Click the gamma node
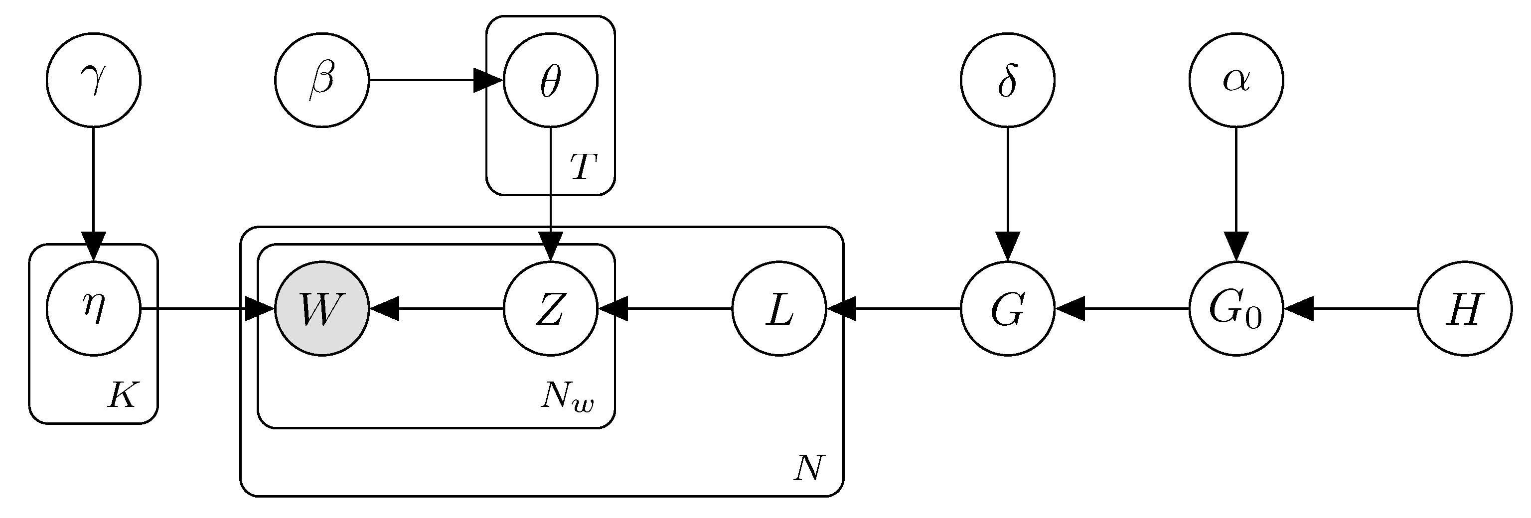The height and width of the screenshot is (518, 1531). [93, 80]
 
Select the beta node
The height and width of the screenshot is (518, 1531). [321, 80]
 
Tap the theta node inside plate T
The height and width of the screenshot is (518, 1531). [550, 80]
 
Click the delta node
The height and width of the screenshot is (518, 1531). [1007, 80]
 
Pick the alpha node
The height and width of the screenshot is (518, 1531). [1236, 80]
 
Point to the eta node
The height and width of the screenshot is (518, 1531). [93, 308]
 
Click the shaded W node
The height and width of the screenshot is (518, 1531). [321, 308]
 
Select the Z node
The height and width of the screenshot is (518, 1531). [550, 308]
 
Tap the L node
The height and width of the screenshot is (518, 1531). [779, 308]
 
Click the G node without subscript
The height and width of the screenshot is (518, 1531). [1007, 308]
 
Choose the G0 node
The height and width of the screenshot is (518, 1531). [1236, 308]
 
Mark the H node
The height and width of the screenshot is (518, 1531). [1464, 308]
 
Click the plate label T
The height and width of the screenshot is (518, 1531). [583, 167]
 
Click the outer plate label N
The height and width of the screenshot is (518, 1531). [809, 468]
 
